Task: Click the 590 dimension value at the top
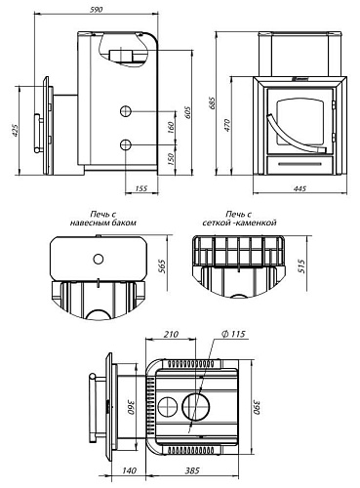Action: tap(97, 10)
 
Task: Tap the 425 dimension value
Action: tap(16, 131)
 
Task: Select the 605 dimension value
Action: tap(188, 112)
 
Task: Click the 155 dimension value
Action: tap(140, 188)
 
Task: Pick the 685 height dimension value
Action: tap(212, 103)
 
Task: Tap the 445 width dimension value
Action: tap(300, 188)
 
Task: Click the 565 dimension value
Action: tap(162, 266)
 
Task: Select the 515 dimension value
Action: tap(301, 266)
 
